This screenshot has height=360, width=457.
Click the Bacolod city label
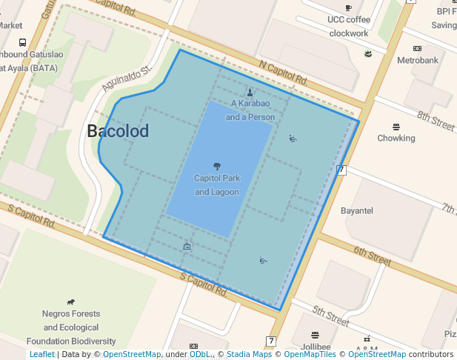118,132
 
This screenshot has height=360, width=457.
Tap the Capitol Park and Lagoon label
217,185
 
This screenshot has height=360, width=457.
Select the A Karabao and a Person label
250,110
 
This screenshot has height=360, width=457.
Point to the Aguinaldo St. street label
127,79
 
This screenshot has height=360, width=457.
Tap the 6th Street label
372,256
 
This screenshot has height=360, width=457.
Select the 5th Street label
330,316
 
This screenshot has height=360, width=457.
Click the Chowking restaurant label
396,138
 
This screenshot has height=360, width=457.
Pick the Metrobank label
418,60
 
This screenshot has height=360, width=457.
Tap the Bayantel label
357,211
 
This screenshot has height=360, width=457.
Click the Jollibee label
316,346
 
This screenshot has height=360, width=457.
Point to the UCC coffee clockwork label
349,26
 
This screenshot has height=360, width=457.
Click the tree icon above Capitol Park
217,166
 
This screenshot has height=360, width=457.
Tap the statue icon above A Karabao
250,93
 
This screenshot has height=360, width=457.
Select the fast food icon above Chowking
396,127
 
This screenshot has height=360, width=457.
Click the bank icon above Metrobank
418,48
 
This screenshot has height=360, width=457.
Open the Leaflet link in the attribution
41,355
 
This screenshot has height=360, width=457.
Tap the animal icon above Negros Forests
71,301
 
